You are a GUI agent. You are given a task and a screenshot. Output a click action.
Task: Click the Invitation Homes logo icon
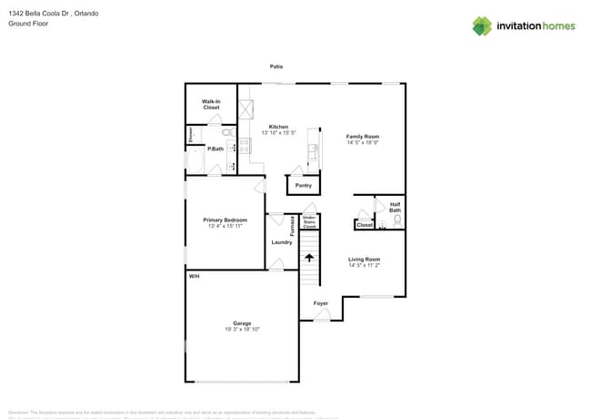pyautogui.click(x=482, y=26)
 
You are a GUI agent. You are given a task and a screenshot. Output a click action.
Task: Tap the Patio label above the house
pyautogui.click(x=275, y=66)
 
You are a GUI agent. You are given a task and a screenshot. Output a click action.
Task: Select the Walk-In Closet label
pyautogui.click(x=211, y=105)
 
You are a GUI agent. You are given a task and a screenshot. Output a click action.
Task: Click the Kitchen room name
pyautogui.click(x=278, y=127)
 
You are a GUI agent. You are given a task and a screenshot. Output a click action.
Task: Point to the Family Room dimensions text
pyautogui.click(x=362, y=142)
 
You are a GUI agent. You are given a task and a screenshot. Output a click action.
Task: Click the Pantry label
pyautogui.click(x=303, y=185)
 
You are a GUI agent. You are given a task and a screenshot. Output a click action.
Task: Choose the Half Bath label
pyautogui.click(x=395, y=208)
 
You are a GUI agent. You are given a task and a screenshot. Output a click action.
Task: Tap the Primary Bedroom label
pyautogui.click(x=225, y=220)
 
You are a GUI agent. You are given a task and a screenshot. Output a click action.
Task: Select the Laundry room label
pyautogui.click(x=282, y=242)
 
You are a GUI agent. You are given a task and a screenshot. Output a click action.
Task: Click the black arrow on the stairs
pyautogui.click(x=309, y=258)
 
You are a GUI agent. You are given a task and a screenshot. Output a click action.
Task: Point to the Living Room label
pyautogui.click(x=364, y=260)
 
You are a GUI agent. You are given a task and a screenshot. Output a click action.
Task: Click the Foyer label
pyautogui.click(x=321, y=303)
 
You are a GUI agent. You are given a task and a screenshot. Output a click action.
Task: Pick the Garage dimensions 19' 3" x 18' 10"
pyautogui.click(x=242, y=329)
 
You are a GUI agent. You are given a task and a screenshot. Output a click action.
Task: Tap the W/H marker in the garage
pyautogui.click(x=194, y=276)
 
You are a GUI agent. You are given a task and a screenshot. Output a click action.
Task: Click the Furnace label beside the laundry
pyautogui.click(x=292, y=225)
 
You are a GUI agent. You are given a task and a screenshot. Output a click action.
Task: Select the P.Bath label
pyautogui.click(x=215, y=148)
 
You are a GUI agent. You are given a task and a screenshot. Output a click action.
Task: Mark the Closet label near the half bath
pyautogui.click(x=364, y=224)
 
